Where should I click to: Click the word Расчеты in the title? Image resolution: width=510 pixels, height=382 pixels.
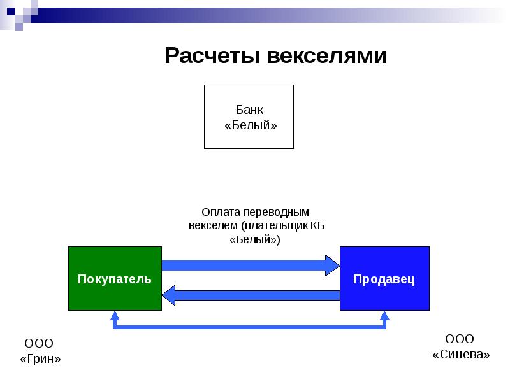(x=212, y=55)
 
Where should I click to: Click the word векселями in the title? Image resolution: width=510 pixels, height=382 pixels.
(x=327, y=55)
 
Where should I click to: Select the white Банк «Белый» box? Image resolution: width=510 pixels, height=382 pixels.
(x=249, y=117)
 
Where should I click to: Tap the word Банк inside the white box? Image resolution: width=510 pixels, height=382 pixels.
(x=249, y=110)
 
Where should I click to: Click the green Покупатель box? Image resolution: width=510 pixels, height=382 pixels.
(x=115, y=278)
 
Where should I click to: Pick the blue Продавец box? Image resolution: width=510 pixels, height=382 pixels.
(x=384, y=278)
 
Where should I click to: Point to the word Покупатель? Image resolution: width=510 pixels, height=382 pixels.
(x=115, y=279)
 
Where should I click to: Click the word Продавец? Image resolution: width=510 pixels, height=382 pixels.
(x=384, y=279)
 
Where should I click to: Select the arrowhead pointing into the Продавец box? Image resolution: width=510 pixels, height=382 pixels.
(x=332, y=265)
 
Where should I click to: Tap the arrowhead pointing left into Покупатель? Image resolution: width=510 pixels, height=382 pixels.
(x=169, y=295)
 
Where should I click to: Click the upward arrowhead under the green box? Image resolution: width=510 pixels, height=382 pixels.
(x=115, y=315)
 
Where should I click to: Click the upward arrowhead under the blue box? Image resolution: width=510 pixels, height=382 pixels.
(x=385, y=315)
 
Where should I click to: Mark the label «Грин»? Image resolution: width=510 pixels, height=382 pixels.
(x=40, y=359)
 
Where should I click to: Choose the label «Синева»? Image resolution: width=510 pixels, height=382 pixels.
(x=461, y=355)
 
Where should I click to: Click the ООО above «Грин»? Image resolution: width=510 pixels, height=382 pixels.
(x=39, y=343)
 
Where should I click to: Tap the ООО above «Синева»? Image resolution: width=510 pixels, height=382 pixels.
(x=459, y=339)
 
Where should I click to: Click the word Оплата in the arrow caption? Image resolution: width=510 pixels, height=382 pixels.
(x=221, y=212)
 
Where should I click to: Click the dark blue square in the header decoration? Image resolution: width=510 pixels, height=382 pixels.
(x=11, y=11)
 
